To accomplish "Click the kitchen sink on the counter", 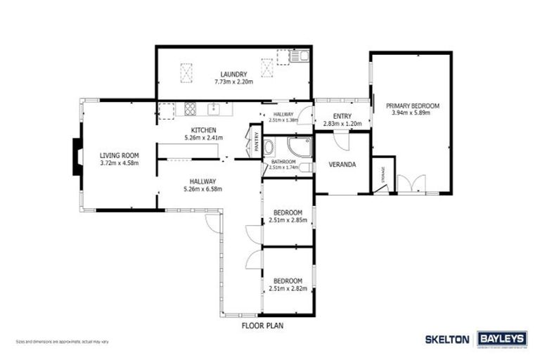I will click(214, 108).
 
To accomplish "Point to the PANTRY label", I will click(256, 143).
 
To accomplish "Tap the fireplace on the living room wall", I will click(77, 155).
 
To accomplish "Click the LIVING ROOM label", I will click(119, 155).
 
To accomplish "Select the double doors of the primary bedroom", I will click(410, 184).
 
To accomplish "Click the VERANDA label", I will click(342, 165).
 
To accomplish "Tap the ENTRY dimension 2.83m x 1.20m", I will click(341, 124).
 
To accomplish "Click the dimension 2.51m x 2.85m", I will click(288, 221).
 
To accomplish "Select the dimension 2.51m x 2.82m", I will click(288, 288).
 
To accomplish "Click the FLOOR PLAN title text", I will click(262, 326).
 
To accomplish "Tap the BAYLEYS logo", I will click(502, 339).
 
